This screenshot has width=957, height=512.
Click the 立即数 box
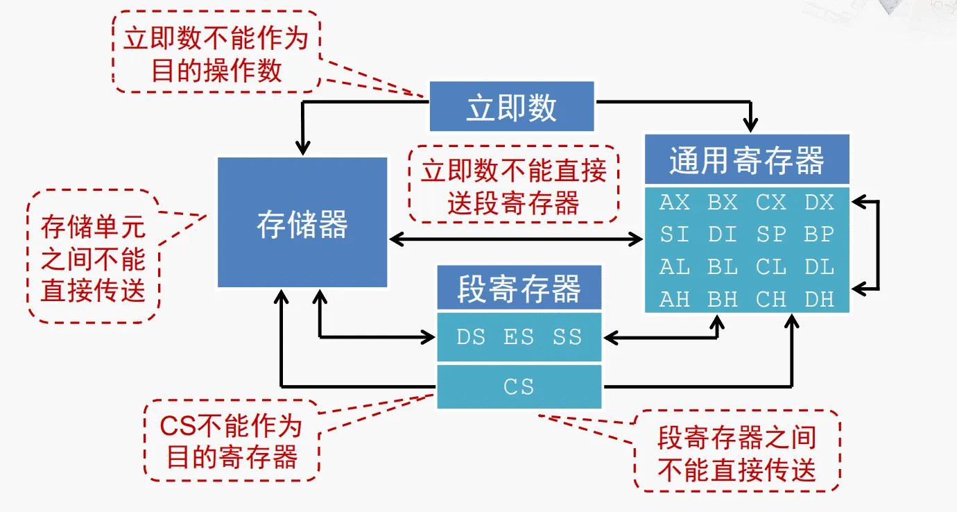click(512, 106)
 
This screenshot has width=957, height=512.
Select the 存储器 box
click(302, 223)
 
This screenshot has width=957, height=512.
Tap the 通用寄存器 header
click(747, 160)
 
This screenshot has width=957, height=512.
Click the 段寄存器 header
click(519, 287)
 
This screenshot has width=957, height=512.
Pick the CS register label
click(519, 386)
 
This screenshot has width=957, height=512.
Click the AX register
click(675, 203)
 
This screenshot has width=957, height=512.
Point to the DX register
click(819, 203)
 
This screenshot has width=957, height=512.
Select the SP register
click(771, 234)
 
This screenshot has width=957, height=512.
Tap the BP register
click(819, 234)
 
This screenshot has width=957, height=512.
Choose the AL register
click(675, 267)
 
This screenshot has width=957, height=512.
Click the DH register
click(819, 299)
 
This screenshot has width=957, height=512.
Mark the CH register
click(771, 299)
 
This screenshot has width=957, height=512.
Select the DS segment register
click(470, 337)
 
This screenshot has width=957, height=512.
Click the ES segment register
click(519, 337)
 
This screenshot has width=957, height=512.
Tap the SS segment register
click(567, 337)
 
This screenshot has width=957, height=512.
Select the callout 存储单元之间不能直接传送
click(93, 256)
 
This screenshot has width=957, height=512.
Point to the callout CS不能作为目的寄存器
click(232, 439)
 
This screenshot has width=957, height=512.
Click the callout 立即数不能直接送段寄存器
click(513, 185)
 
